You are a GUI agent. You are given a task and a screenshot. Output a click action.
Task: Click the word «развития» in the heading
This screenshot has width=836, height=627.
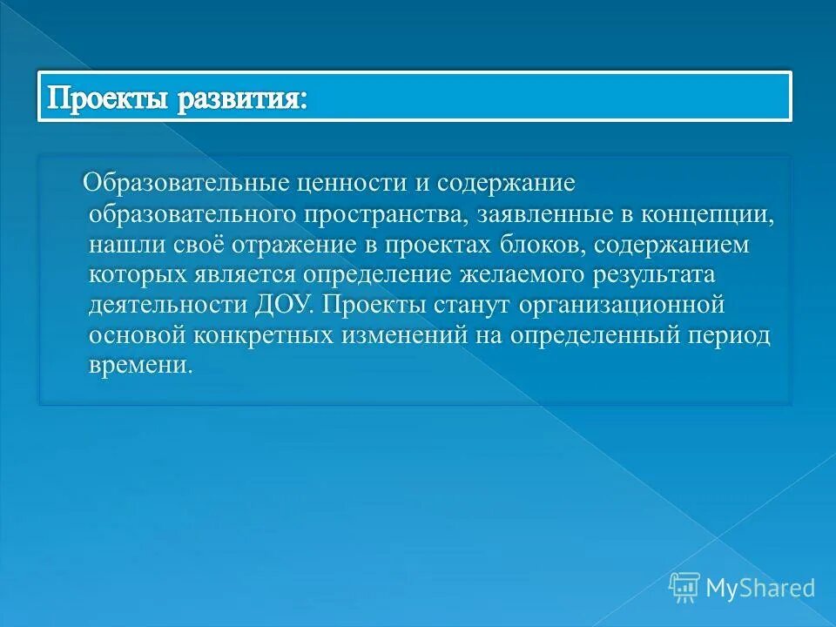click(242, 98)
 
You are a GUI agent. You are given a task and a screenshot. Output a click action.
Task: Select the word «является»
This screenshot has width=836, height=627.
click(244, 275)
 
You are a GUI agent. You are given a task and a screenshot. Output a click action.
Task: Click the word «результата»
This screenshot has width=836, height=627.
click(667, 275)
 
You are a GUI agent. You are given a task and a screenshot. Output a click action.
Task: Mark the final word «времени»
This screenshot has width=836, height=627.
click(138, 367)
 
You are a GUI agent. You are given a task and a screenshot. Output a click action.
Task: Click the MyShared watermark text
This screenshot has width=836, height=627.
click(760, 588)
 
